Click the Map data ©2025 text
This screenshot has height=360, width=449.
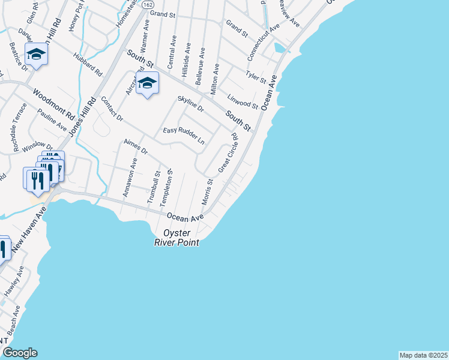pyautogui.click(x=424, y=355)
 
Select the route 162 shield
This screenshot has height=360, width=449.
pyautogui.click(x=148, y=4)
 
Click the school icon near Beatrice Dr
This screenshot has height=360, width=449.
pyautogui.click(x=36, y=55)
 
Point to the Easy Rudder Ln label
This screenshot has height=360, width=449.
pyautogui.click(x=184, y=136)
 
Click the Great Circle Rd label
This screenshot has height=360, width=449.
pyautogui.click(x=228, y=152)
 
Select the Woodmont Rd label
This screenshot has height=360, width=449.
pyautogui.click(x=53, y=104)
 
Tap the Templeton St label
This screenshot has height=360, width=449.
pyautogui.click(x=166, y=188)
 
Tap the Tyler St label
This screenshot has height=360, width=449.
pyautogui.click(x=256, y=77)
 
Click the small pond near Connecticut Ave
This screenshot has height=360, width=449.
pyautogui.click(x=280, y=47)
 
